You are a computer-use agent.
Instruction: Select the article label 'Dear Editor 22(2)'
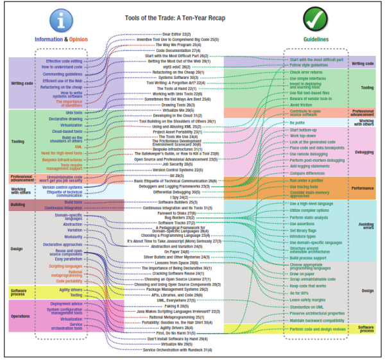pyautogui.click(x=177, y=33)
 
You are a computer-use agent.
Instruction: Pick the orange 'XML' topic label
pyautogui.click(x=78, y=147)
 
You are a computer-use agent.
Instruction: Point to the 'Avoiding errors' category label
pyautogui.click(x=364, y=226)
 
